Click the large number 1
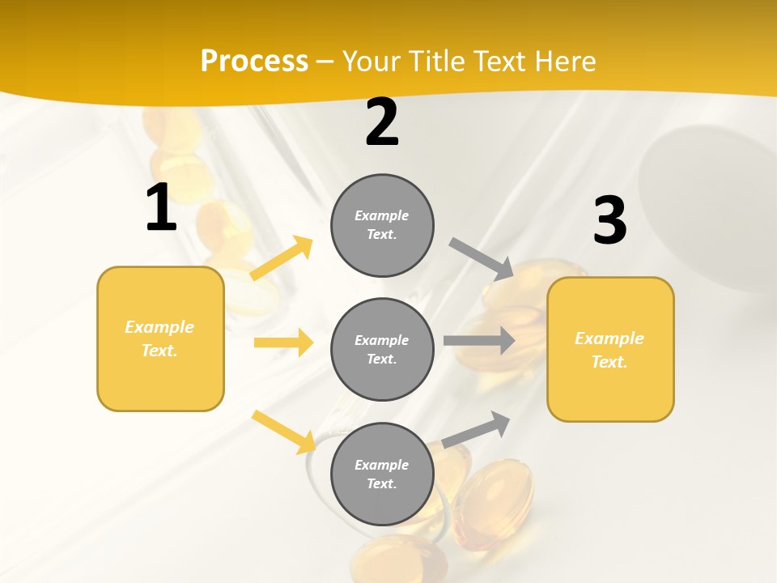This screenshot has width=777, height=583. point(160,208)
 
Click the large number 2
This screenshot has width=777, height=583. point(382,123)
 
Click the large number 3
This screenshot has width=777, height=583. point(609,221)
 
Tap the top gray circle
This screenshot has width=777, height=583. point(382,225)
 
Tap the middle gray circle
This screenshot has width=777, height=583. point(382,349)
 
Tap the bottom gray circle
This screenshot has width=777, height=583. point(382,474)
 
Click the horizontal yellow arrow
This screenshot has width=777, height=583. point(283,343)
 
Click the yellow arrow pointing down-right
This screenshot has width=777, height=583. point(284,432)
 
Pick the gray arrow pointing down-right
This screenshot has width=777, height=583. point(482,259)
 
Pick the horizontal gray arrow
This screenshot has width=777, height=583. point(479,340)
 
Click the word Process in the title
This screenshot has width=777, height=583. point(254,61)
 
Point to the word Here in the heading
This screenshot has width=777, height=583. point(564,61)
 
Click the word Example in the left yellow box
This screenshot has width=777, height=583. point(159,327)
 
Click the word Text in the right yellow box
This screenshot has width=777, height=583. point(609,362)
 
